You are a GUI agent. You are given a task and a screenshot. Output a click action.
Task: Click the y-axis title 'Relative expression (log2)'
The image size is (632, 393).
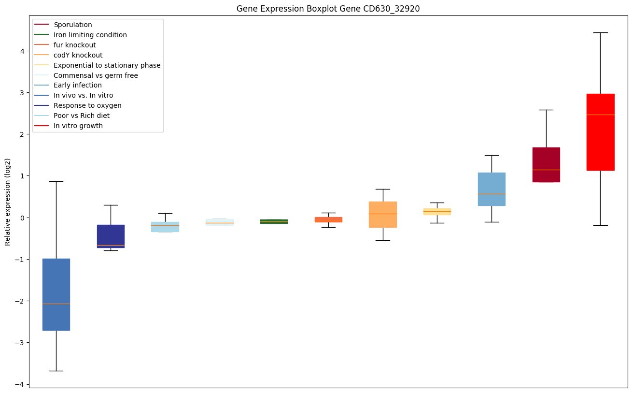click(x=8, y=202)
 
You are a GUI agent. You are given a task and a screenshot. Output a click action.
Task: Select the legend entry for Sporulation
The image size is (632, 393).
click(x=73, y=25)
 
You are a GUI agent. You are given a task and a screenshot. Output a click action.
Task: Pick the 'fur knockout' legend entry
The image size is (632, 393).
click(x=75, y=45)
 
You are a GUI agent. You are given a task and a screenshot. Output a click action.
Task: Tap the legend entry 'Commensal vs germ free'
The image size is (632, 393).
click(x=96, y=75)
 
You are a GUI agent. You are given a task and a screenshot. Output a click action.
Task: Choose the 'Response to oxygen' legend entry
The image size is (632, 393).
click(x=87, y=105)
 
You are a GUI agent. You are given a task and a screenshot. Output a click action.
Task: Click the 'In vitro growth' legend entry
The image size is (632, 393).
click(x=78, y=126)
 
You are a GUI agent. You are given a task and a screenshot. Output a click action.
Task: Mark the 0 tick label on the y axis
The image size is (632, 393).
click(x=23, y=218)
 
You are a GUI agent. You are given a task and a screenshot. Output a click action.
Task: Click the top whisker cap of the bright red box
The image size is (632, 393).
click(x=600, y=32)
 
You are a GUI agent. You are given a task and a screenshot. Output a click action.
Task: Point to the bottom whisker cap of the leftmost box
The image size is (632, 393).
click(x=56, y=371)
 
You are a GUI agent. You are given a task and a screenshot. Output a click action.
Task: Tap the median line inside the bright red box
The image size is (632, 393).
click(x=600, y=115)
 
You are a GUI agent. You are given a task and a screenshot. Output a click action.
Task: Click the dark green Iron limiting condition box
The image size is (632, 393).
click(x=274, y=221)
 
